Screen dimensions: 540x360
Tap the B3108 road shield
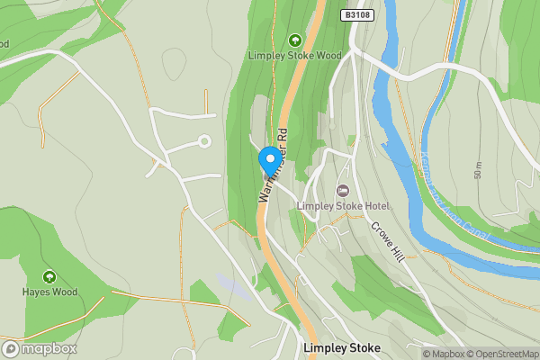click(357, 15)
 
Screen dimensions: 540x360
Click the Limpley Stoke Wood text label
click(294, 55)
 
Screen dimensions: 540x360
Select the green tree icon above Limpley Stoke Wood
click(294, 40)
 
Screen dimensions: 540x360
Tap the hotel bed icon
click(342, 191)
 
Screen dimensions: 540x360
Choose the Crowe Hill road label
click(386, 240)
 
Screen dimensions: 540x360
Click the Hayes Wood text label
click(49, 292)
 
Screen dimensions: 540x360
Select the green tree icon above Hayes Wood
click(49, 276)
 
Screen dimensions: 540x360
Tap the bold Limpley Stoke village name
click(342, 347)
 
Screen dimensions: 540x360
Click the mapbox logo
click(40, 348)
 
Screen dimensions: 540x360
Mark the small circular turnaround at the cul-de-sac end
click(204, 140)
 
